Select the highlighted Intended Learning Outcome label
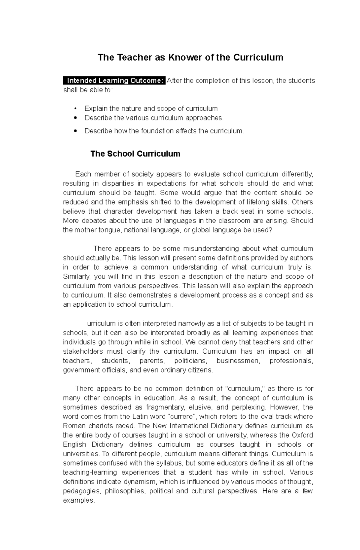[x=114, y=81]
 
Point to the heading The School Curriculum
[x=135, y=154]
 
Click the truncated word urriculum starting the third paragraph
[x=101, y=323]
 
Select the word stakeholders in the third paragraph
[x=82, y=351]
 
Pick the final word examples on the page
[x=79, y=501]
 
